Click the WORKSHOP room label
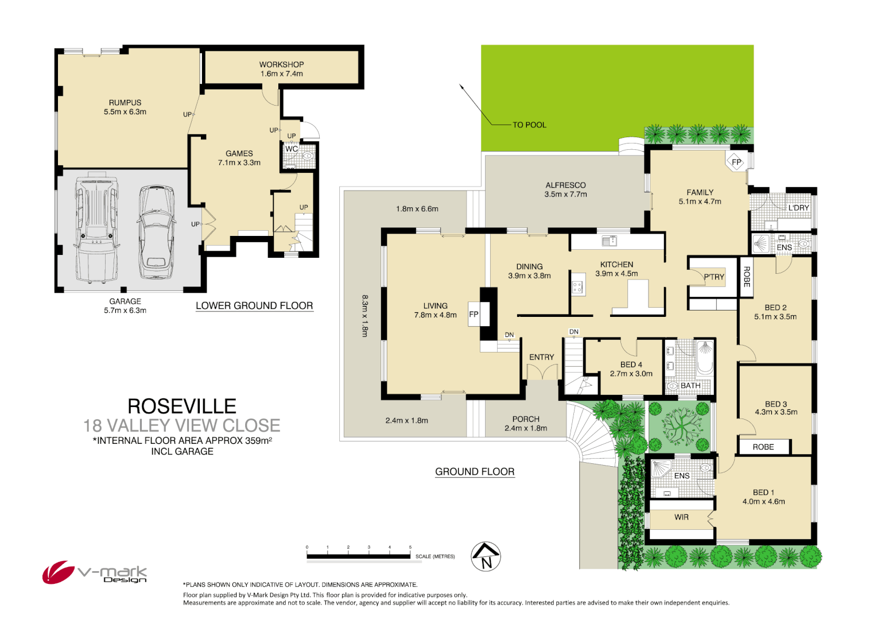point(281,65)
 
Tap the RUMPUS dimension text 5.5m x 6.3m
point(125,112)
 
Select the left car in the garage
point(96,228)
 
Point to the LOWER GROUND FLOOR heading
point(254,306)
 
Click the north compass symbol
point(486,556)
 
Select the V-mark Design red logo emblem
point(57,572)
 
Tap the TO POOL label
point(529,125)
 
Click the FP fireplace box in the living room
point(474,315)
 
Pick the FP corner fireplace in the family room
point(736,162)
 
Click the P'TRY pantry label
point(714,277)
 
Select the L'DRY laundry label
point(798,207)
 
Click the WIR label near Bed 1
point(681,517)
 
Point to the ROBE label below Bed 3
point(763,447)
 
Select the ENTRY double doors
point(542,372)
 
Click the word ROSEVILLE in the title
point(181,406)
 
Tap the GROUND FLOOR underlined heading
point(475,472)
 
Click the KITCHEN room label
point(616,265)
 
